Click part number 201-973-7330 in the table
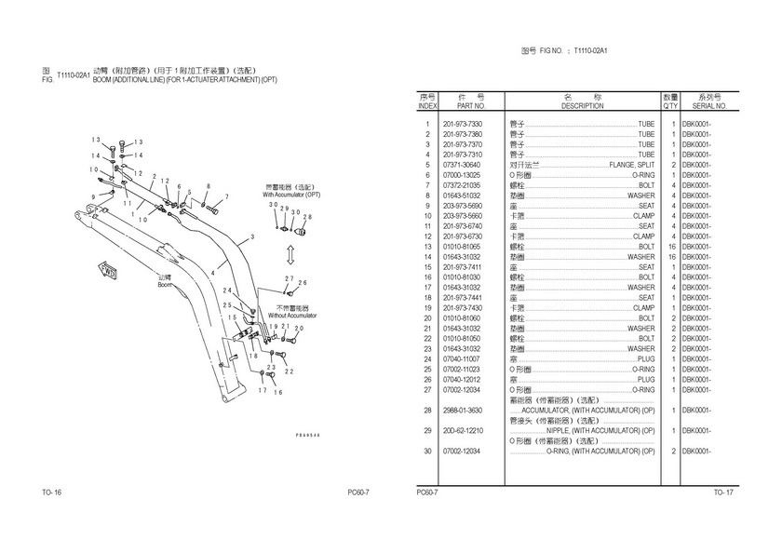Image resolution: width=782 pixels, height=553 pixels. pos(463,124)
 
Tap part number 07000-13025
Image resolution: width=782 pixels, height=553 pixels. pos(463,175)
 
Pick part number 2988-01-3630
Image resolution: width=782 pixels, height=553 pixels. pos(463,411)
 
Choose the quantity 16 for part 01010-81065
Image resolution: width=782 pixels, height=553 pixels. pos(671,247)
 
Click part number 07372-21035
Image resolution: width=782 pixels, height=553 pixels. pos(463,185)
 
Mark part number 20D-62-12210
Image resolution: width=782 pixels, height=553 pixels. pos(463,431)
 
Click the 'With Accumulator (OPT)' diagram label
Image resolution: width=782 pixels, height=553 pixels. pos(291,195)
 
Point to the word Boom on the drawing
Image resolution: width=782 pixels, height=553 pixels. pos(165,285)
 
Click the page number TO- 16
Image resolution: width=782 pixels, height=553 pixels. pos(51,492)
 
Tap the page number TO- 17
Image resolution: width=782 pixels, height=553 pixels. pos(723,492)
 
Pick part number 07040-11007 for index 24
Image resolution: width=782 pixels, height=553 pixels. pos(463,359)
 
